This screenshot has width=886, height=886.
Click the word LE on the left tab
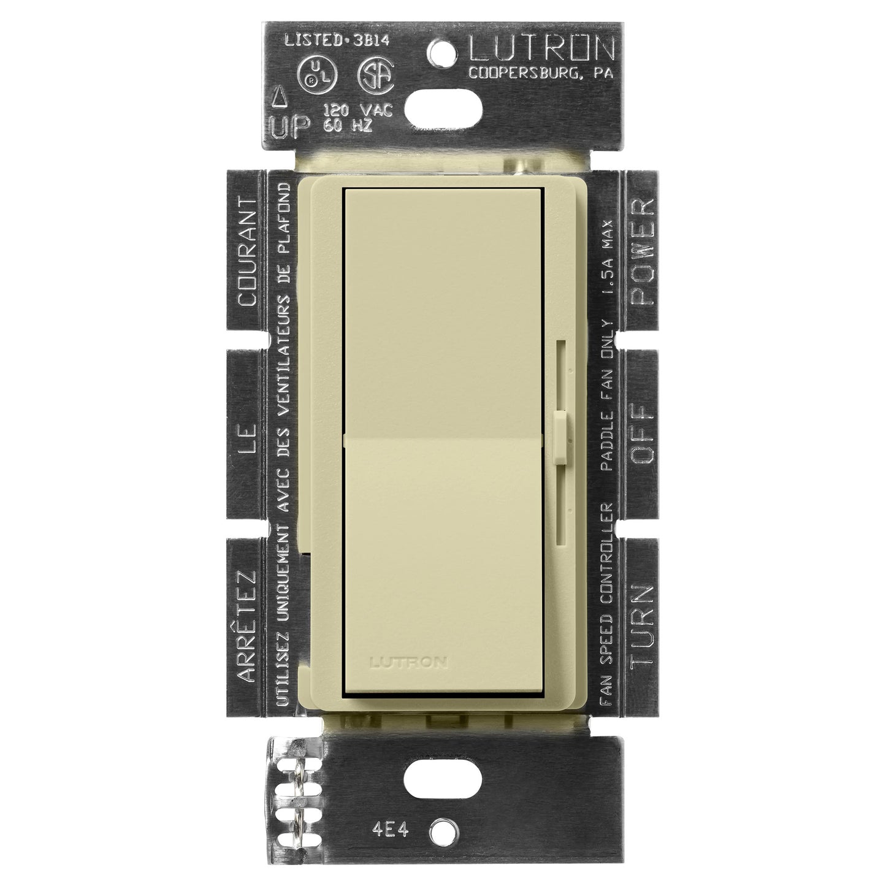pos(246,442)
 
